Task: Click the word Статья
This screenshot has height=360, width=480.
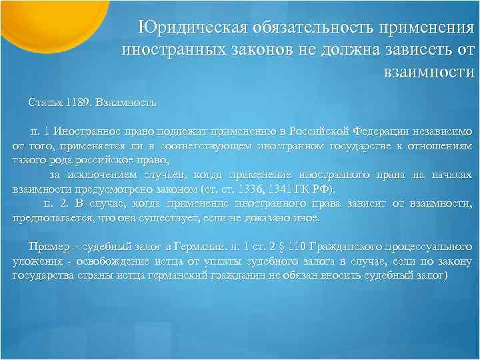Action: point(45,103)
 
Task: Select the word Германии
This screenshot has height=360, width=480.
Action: point(197,247)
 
